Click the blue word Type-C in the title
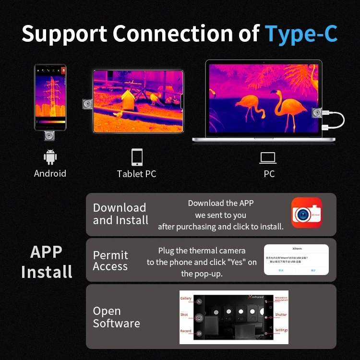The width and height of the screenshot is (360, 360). click(301, 34)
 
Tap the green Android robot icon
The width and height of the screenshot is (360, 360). click(50, 157)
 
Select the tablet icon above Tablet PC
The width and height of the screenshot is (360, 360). click(137, 157)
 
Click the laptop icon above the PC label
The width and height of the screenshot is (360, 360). click(269, 157)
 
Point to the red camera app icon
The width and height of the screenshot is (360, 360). click(307, 212)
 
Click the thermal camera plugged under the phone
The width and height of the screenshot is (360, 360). click(49, 136)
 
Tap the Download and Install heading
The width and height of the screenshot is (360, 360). click(120, 214)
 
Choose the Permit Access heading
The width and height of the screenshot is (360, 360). click(110, 261)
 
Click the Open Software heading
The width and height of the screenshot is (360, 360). click(116, 317)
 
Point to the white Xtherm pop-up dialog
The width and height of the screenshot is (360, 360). click(296, 259)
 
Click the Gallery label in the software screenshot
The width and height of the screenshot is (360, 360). click(186, 298)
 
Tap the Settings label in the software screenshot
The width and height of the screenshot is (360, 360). click(281, 330)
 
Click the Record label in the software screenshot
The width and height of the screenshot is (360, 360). click(185, 331)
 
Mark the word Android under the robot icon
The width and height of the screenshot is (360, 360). click(50, 173)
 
